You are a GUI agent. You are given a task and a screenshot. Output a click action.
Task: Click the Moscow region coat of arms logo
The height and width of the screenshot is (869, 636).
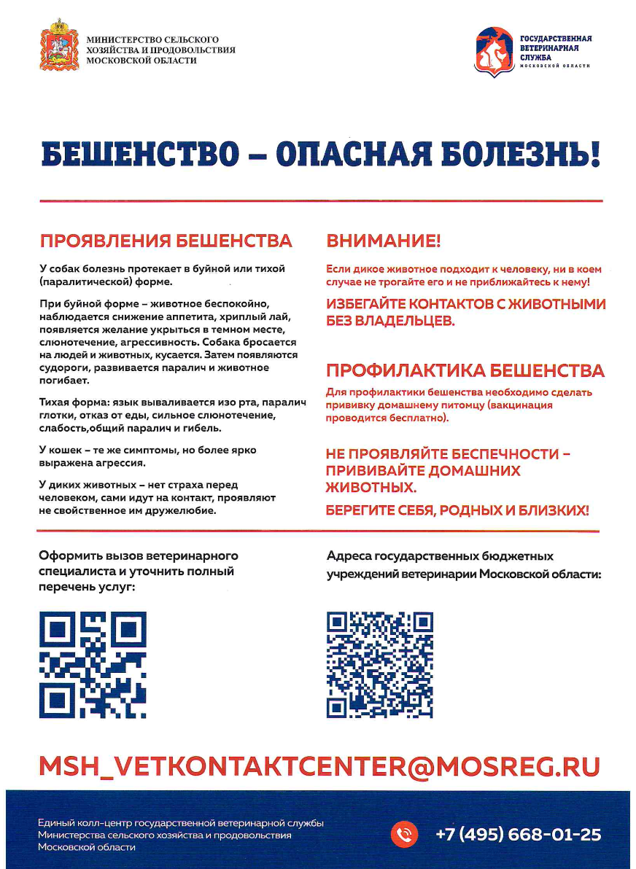[x=60, y=45]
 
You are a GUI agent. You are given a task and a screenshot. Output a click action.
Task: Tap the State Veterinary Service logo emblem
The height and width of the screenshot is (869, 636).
[x=493, y=50]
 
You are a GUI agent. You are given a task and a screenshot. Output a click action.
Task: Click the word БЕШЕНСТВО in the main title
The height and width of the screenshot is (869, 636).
[x=139, y=153]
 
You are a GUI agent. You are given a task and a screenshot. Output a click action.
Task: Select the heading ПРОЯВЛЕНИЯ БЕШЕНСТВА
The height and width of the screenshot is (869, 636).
[x=166, y=241]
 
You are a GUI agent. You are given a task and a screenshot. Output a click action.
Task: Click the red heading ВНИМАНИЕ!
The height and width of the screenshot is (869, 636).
[x=384, y=241]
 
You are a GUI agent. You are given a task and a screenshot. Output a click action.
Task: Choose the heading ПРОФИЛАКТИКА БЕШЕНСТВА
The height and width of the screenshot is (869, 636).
[x=465, y=370]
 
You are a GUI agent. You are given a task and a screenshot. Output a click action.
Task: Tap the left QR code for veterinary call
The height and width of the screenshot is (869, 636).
[x=93, y=665]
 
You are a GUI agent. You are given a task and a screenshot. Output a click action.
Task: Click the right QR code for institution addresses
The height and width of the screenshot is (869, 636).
[x=380, y=665]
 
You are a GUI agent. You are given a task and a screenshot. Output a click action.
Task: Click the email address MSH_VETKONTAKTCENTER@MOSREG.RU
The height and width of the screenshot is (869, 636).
[x=319, y=765]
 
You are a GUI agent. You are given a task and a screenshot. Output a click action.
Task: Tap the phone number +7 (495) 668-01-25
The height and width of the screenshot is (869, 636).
[x=518, y=834]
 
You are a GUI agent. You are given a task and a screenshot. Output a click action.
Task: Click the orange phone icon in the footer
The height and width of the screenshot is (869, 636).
[x=404, y=834]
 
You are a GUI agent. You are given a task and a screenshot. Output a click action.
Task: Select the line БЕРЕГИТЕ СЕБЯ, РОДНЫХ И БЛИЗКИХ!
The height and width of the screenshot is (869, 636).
[x=457, y=510]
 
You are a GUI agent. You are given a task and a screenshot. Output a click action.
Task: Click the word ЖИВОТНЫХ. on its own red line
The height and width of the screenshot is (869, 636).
[x=371, y=487]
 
